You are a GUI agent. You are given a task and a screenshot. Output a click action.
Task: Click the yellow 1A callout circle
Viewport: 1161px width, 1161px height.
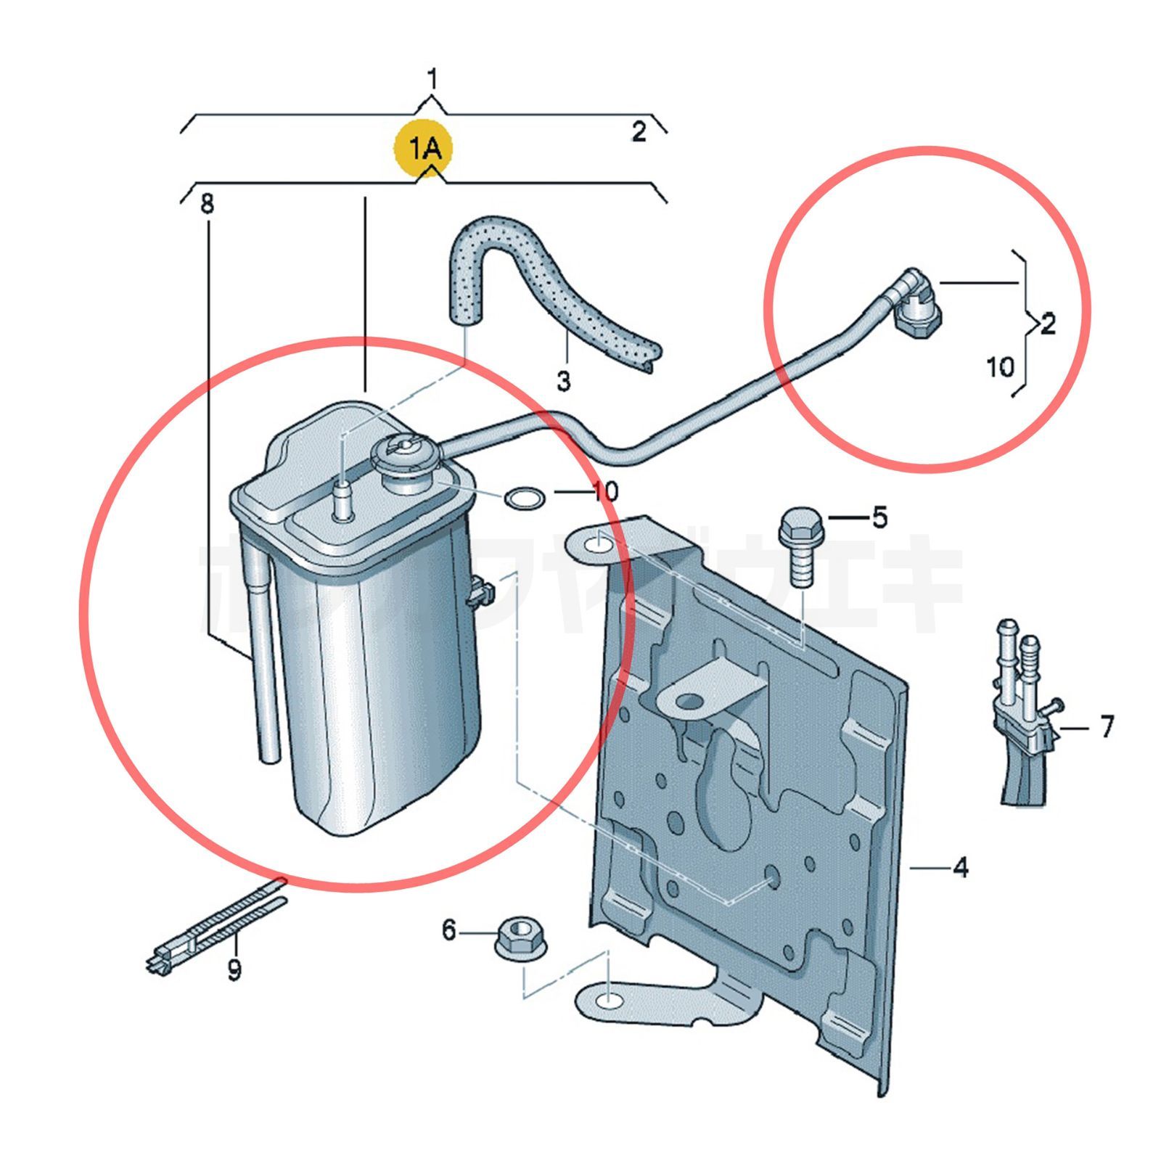[x=423, y=150]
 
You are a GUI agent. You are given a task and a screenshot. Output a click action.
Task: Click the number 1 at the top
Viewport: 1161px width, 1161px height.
[x=432, y=79]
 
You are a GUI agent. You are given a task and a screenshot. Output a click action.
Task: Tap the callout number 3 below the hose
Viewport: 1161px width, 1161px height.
[x=564, y=380]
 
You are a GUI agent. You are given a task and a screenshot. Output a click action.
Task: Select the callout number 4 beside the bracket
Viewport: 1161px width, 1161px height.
[x=960, y=866]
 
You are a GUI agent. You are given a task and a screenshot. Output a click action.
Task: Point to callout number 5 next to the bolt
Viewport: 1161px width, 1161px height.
[x=879, y=517]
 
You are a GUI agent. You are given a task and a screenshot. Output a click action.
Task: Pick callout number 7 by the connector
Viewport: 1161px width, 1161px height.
[x=1106, y=726]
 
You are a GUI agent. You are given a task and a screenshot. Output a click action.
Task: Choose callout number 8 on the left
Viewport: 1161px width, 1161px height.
[x=208, y=204]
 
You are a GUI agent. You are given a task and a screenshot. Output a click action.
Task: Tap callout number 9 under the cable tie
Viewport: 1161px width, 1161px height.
[x=234, y=969]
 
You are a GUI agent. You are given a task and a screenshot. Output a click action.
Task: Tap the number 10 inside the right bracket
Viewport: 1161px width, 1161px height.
[x=1000, y=366]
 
